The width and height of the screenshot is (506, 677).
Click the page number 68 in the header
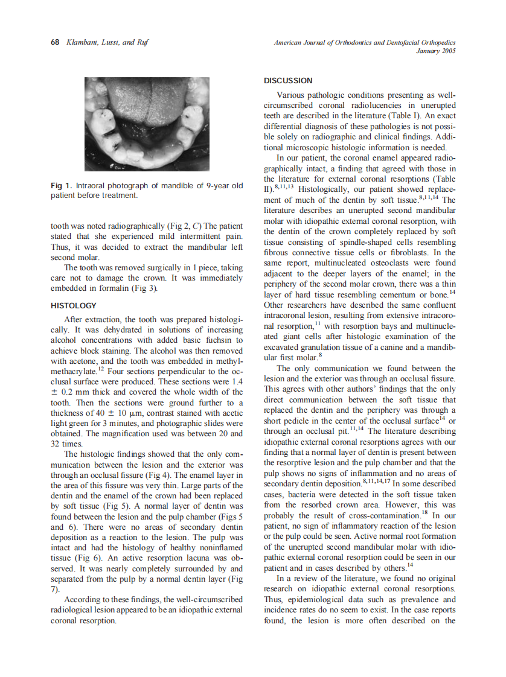click(x=54, y=42)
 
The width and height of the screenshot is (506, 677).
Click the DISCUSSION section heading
click(x=288, y=81)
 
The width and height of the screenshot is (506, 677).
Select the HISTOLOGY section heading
click(x=73, y=306)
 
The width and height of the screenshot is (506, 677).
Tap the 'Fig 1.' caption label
click(x=61, y=185)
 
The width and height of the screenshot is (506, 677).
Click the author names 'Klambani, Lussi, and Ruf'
click(x=105, y=42)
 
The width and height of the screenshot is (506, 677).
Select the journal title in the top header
click(x=364, y=42)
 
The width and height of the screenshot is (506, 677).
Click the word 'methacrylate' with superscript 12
click(x=72, y=372)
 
